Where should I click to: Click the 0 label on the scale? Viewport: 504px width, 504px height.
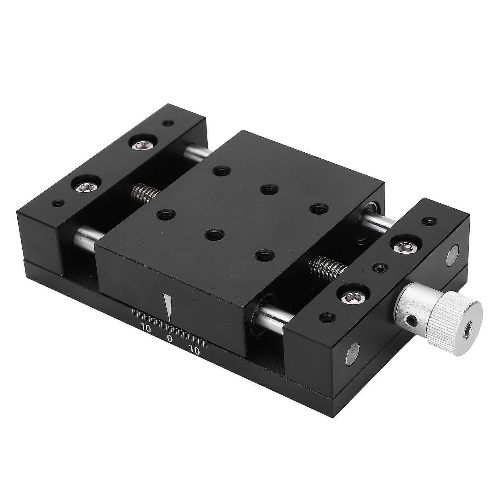pyautogui.click(x=170, y=338)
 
